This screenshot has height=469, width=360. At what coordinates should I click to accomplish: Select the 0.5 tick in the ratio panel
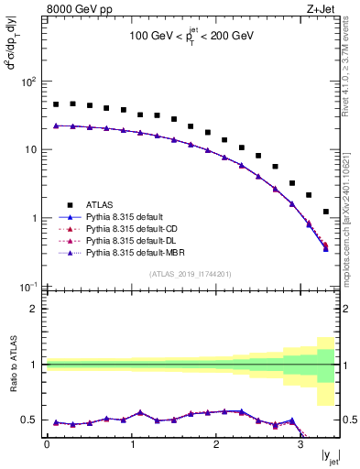[31, 420]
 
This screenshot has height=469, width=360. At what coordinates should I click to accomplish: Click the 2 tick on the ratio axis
[35, 309]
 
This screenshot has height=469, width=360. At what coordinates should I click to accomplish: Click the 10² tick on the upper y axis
[28, 82]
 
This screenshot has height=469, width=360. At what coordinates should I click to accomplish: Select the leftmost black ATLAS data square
[56, 104]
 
